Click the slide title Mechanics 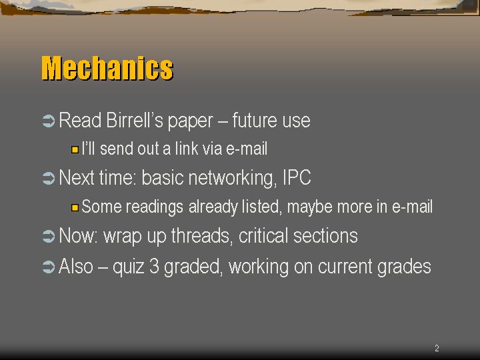[x=107, y=68]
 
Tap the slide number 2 [x=437, y=348]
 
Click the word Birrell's [x=135, y=120]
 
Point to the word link [x=187, y=149]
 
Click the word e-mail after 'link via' [x=247, y=149]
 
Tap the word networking [x=231, y=177]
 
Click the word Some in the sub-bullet [x=102, y=206]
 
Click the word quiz [x=129, y=267]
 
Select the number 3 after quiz [x=154, y=266]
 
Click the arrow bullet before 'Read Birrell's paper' [x=49, y=121]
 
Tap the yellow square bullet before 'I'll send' [x=75, y=150]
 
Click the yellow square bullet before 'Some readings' [x=75, y=208]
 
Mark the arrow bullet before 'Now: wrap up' [x=49, y=237]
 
